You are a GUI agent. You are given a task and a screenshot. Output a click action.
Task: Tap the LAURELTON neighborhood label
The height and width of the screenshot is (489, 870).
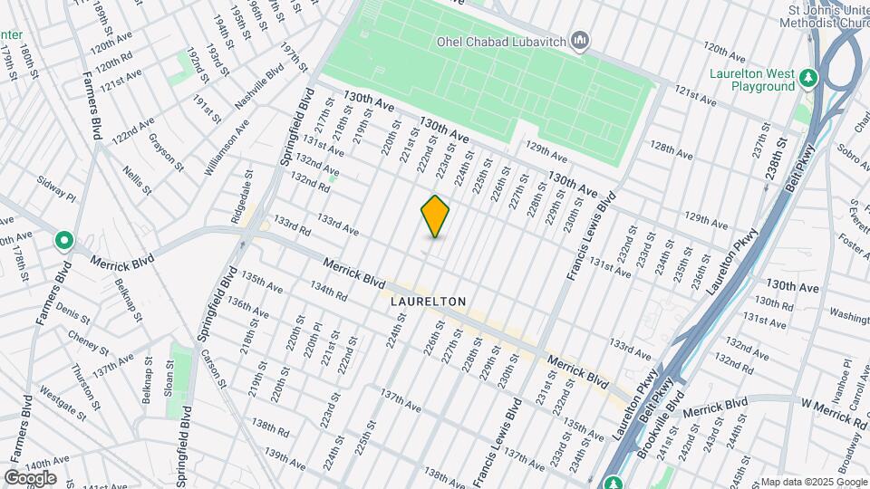[428, 301]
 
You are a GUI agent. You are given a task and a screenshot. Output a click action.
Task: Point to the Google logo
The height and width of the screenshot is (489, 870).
[30, 477]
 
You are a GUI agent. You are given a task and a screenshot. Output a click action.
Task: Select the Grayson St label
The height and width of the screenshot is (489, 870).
[166, 154]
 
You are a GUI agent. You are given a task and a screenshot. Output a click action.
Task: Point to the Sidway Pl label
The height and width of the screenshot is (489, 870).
[57, 191]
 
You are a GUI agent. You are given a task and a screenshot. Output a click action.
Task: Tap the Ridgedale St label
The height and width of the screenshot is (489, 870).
[239, 201]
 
